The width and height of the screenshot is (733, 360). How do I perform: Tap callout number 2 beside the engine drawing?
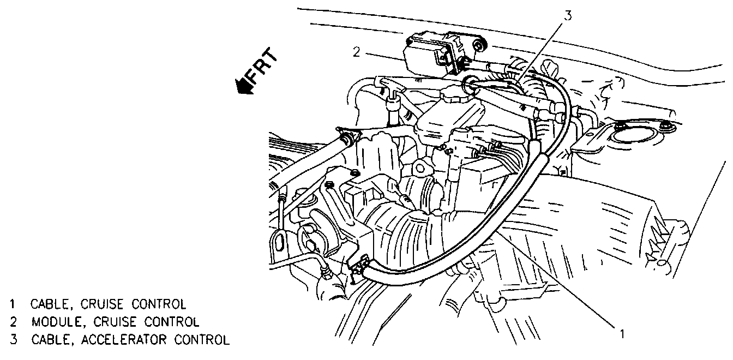tap(356, 52)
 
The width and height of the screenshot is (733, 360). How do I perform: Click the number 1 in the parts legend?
tap(11, 303)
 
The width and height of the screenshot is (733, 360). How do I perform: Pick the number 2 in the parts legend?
tap(11, 321)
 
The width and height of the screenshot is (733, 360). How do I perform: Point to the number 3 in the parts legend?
tap(11, 340)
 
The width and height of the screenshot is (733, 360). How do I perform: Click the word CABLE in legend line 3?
tap(49, 340)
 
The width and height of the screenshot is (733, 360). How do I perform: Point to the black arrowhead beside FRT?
tap(241, 86)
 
